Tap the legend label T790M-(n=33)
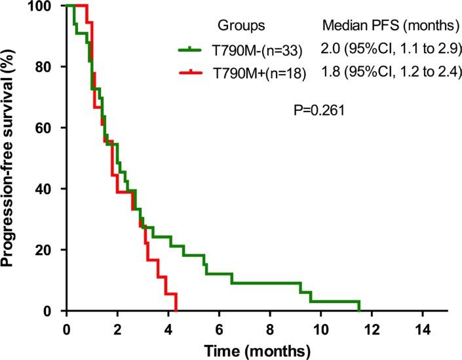pos(243,50)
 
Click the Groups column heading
pos(243,26)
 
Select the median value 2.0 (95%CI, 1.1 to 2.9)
pos(392,49)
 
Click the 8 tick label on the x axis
pos(270,326)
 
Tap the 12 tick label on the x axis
pos(372,326)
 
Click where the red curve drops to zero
pos(176,310)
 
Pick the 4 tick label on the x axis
pos(168,326)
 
